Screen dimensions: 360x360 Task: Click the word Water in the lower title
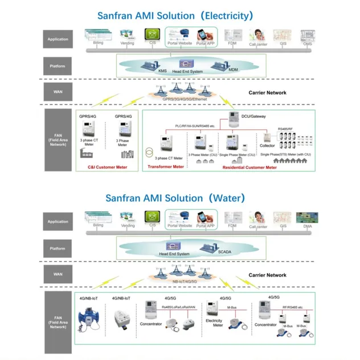[x=227, y=198]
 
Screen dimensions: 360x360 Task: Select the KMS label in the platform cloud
[x=146, y=70]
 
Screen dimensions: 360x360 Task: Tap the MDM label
[x=233, y=69]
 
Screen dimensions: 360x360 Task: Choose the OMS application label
[x=308, y=43]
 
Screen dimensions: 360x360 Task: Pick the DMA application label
[x=308, y=226]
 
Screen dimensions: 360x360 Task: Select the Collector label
[x=267, y=146]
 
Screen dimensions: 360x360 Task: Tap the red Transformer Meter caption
[x=166, y=167]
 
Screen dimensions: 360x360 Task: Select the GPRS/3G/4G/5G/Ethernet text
[x=185, y=99]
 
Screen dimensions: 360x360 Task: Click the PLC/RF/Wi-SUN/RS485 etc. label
[x=195, y=125]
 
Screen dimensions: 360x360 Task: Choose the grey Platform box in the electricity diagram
[x=58, y=66]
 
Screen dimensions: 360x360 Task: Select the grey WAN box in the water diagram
[x=58, y=274]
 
